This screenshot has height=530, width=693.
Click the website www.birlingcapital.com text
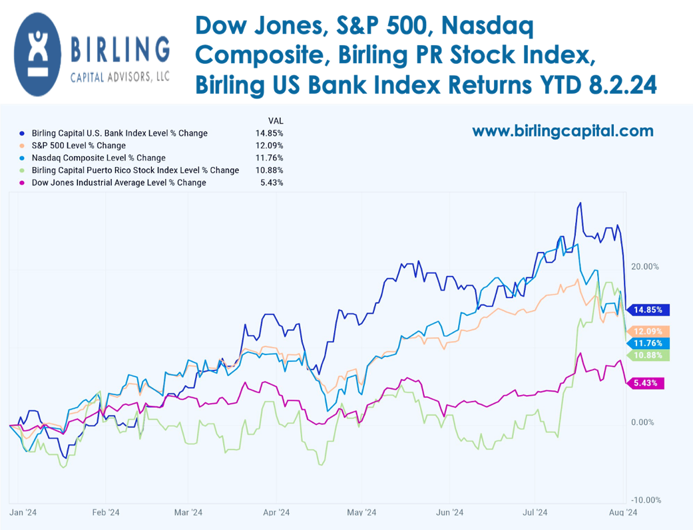[x=563, y=131]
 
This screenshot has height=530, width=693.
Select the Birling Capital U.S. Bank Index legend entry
[x=120, y=133]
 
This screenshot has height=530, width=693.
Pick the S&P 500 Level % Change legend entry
[x=79, y=146]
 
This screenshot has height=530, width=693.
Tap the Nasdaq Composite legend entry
[x=99, y=158]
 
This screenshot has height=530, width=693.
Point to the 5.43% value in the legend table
[x=272, y=182]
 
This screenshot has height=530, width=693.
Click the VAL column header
[x=274, y=121]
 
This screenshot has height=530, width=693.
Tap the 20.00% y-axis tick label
[x=644, y=267]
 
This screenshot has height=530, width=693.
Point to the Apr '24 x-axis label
[x=276, y=512]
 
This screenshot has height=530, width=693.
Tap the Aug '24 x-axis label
[x=623, y=512]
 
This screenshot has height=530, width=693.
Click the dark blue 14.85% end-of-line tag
[x=650, y=310]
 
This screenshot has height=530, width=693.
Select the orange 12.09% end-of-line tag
[x=650, y=331]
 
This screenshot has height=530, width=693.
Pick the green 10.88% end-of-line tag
[x=650, y=356]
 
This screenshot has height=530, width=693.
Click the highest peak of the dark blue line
[x=580, y=203]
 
